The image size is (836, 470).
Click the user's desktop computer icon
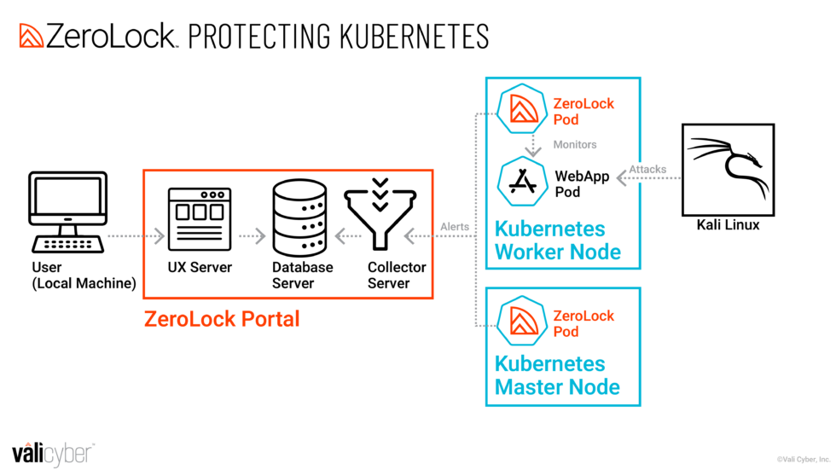click(67, 212)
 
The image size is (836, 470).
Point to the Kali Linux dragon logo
click(728, 169)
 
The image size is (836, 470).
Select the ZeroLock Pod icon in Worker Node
click(522, 111)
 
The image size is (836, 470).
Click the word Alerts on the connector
click(454, 227)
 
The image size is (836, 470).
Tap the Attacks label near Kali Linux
click(647, 169)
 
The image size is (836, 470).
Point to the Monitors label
click(575, 145)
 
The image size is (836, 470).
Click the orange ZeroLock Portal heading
click(222, 319)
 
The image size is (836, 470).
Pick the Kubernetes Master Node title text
click(557, 375)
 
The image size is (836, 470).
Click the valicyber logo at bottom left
click(52, 453)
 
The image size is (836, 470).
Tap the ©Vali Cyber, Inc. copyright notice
click(803, 459)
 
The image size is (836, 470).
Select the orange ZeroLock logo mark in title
click(31, 36)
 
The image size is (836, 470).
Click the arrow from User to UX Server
click(137, 234)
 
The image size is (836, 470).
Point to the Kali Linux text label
click(728, 225)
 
